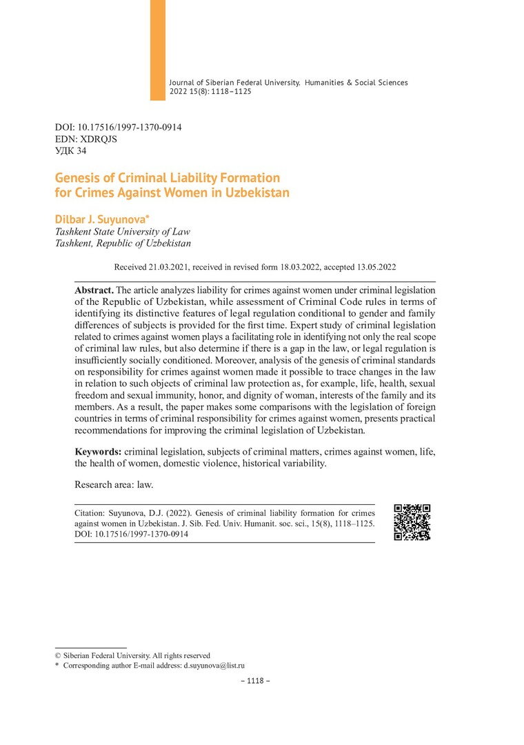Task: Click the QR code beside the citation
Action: (412, 522)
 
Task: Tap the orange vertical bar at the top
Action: (158, 48)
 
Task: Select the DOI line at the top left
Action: (118, 128)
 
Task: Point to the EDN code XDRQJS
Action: (97, 139)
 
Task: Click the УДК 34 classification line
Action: (70, 150)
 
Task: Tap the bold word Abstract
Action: (94, 290)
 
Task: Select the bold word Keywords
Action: (98, 451)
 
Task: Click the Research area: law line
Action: (114, 484)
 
